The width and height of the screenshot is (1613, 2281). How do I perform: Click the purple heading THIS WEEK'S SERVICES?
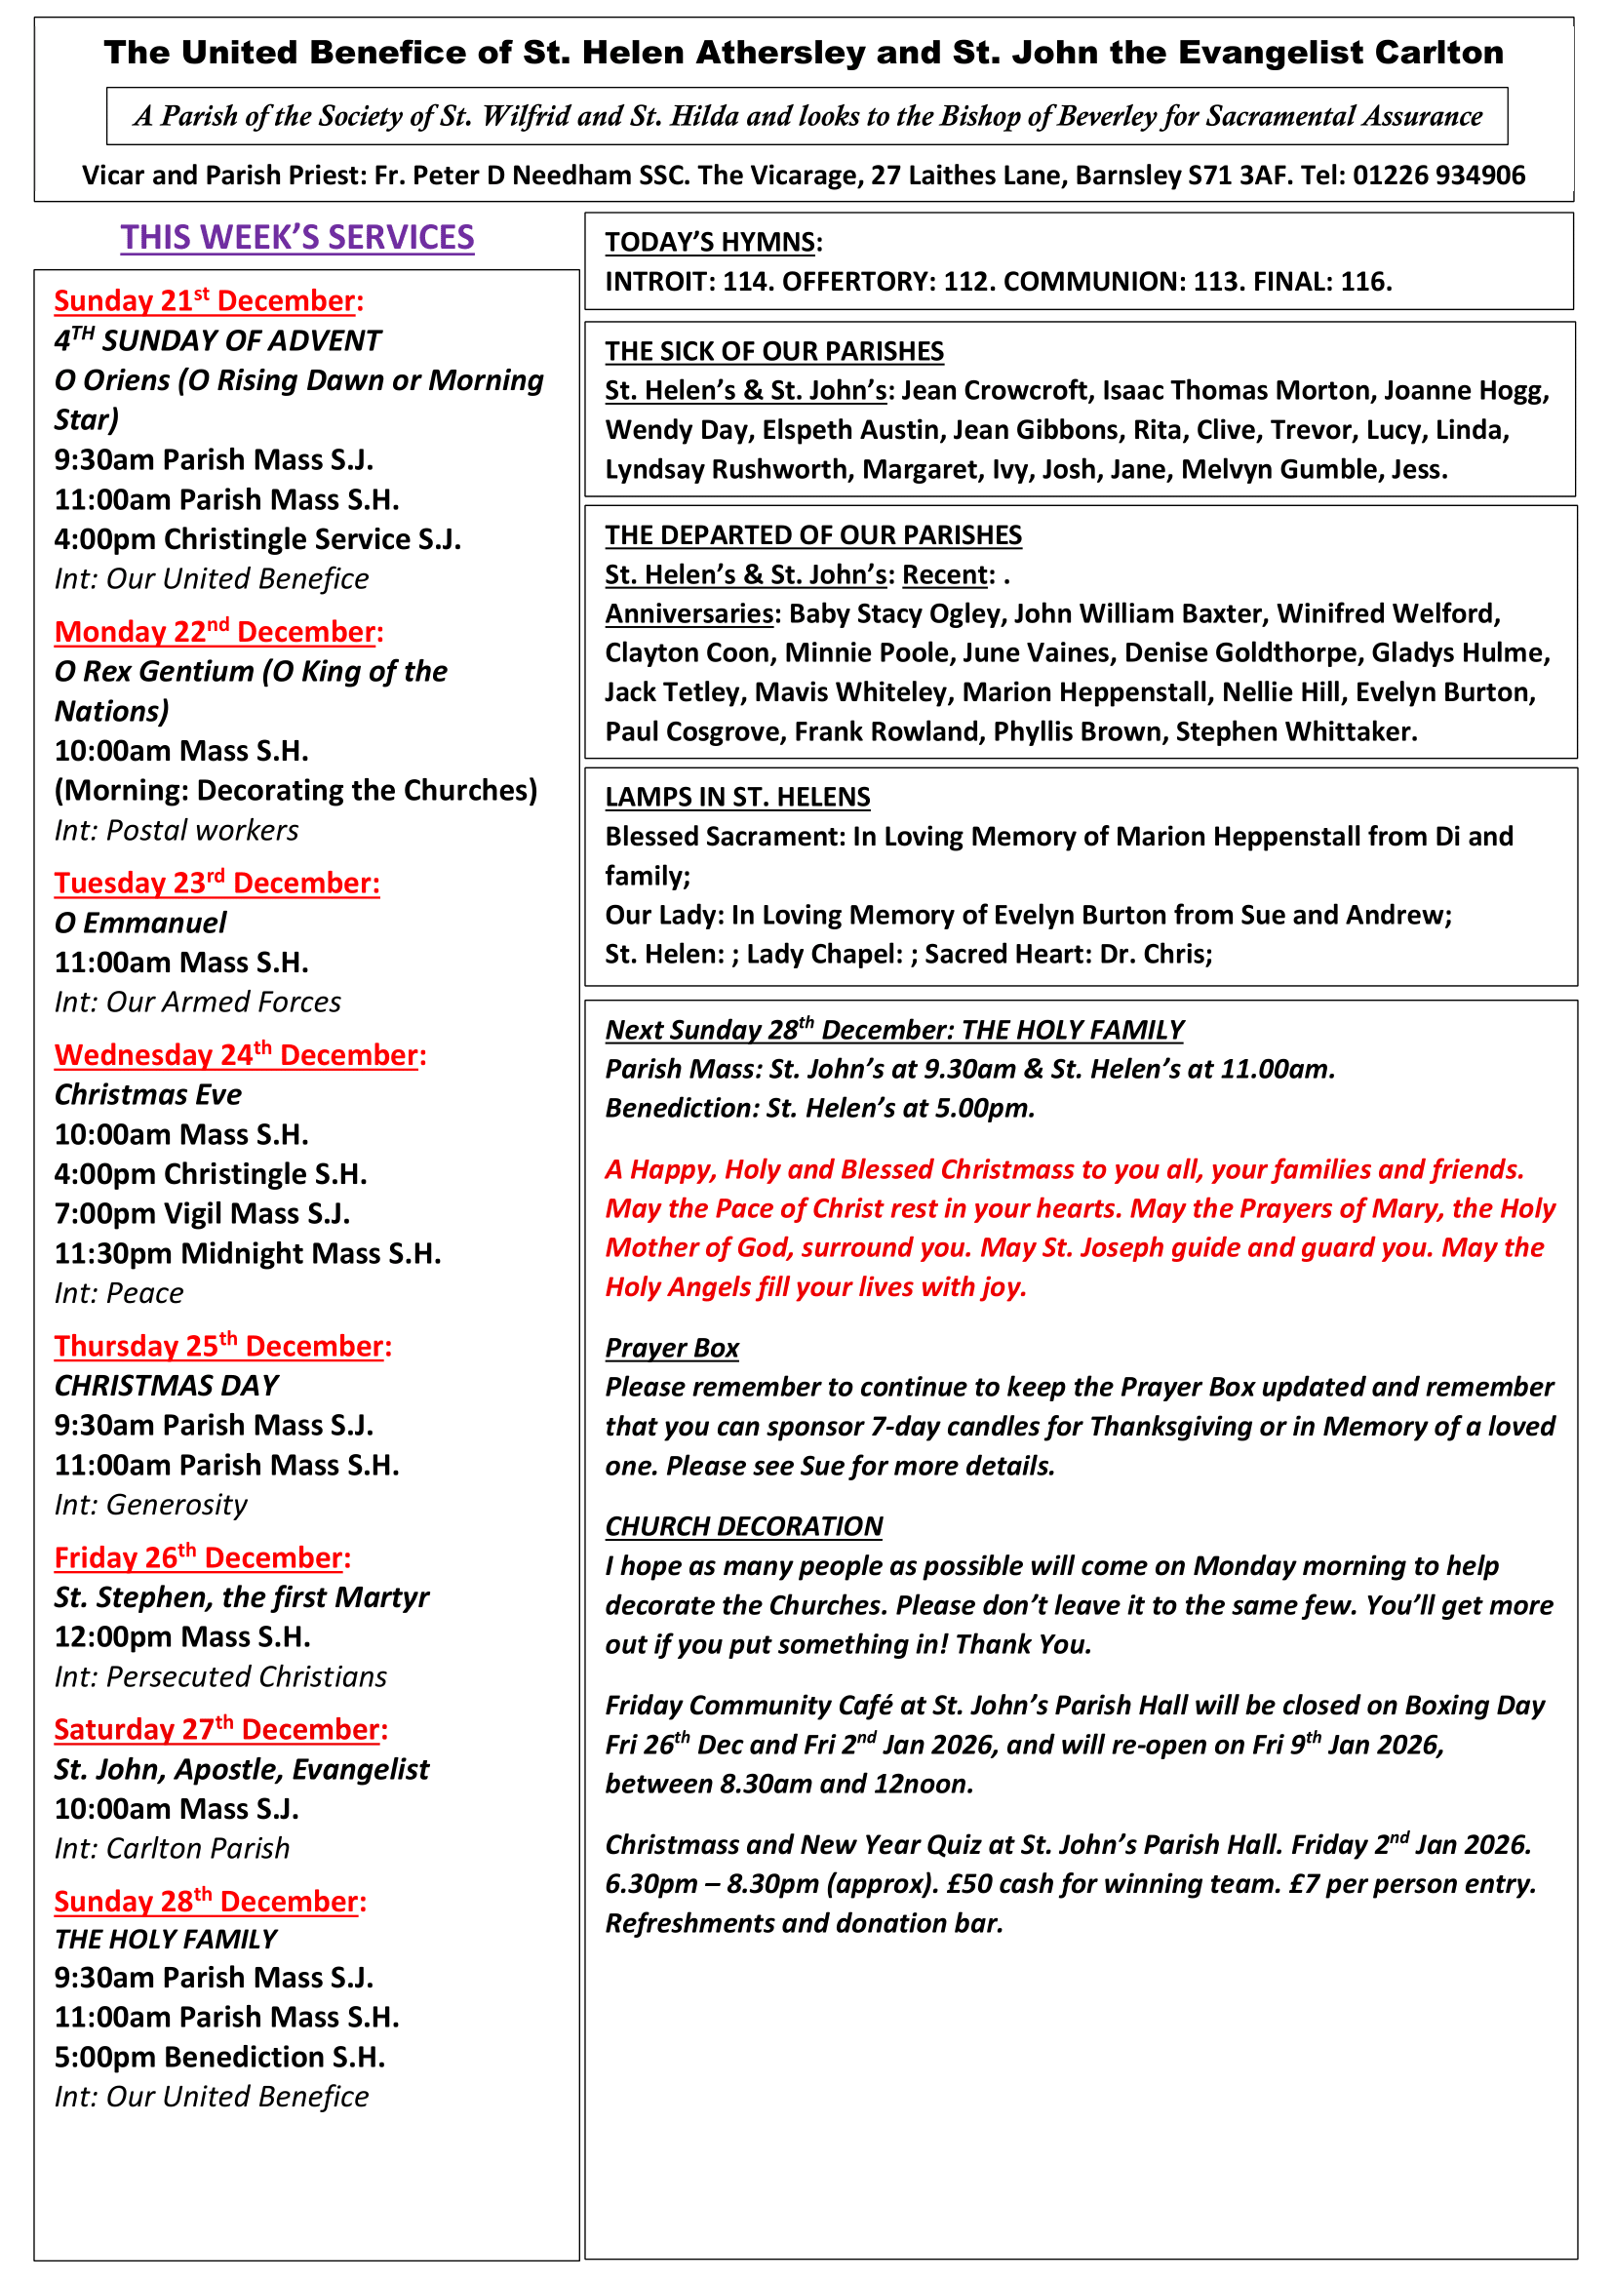point(297,237)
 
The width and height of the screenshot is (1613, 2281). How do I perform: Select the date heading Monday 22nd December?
point(218,632)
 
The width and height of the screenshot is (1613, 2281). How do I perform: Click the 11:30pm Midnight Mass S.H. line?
point(248,1254)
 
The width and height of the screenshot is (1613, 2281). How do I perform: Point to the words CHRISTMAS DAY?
point(166,1385)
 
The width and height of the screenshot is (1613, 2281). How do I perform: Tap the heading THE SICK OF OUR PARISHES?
point(773,352)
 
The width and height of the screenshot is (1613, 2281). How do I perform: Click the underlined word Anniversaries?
point(688,614)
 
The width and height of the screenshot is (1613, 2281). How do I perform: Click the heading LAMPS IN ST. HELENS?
point(737,797)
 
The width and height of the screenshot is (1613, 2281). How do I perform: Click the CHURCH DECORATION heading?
point(744,1526)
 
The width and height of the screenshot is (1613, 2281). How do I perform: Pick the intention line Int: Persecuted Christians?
point(220,1677)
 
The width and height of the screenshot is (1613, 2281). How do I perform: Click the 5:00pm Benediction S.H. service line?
point(219,2057)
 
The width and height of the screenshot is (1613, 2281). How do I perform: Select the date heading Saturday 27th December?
point(220,1730)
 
